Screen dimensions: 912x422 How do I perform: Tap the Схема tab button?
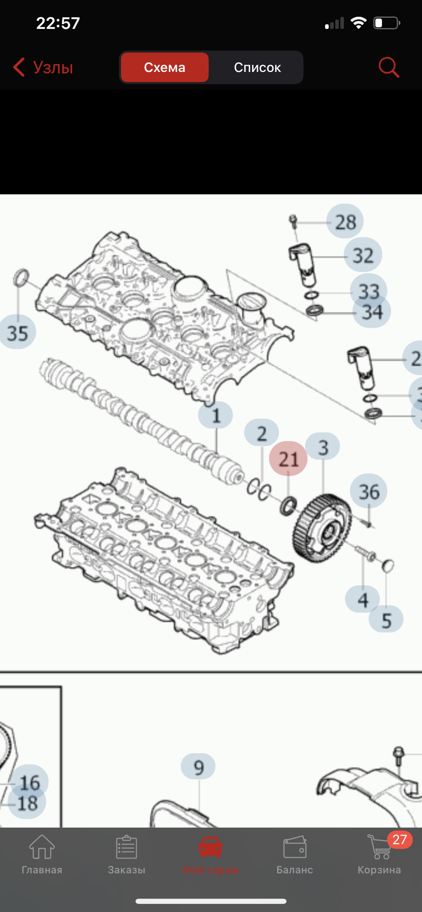pos(164,67)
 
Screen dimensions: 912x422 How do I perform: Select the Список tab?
pos(257,67)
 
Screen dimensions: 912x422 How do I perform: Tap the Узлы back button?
pos(43,67)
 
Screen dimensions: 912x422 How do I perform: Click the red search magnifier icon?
pos(388,67)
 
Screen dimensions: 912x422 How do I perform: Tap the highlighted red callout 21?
pos(288,459)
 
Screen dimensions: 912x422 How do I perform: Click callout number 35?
pos(18,332)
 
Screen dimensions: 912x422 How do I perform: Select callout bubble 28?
pos(345,222)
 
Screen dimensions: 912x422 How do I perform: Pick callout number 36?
pos(369,492)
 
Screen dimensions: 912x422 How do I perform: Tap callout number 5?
pos(386,620)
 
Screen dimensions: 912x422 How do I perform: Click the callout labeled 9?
pos(198,767)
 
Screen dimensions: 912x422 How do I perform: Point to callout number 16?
pos(29,782)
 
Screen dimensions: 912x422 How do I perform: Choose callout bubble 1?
pos(216,415)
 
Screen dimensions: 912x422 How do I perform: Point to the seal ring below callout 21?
pos(288,506)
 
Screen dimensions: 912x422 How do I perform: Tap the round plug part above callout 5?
pos(388,565)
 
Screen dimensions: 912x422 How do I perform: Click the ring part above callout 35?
pos(21,277)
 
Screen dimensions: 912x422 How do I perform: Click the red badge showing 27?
pos(399,839)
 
